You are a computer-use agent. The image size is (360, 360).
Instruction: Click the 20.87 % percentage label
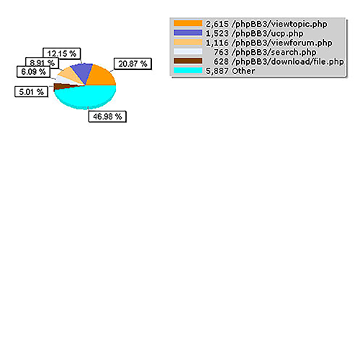coord(132,64)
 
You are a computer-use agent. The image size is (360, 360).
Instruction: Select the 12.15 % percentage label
coord(62,53)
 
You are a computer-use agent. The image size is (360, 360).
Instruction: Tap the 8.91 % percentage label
coord(42,63)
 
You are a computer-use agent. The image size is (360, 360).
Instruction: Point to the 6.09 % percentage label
coord(33,71)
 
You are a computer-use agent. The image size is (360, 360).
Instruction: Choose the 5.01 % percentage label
coord(32,91)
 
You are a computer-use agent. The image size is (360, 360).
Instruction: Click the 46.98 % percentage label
coord(107,117)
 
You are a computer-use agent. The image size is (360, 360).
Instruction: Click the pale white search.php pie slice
coord(65,79)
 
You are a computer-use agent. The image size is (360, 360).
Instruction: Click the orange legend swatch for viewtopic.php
coord(188,23)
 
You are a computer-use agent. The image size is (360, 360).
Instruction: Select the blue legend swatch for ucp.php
coord(188,32)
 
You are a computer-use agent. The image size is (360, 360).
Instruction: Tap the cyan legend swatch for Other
coord(188,71)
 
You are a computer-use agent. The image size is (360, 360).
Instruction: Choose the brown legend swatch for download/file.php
coord(188,61)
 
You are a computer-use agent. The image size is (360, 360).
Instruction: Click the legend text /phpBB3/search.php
coord(274,52)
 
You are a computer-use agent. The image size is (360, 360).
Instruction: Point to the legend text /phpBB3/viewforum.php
coord(282,42)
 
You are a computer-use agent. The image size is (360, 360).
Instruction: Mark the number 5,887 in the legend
coord(217,71)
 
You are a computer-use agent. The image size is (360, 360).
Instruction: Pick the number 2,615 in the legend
coord(217,24)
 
